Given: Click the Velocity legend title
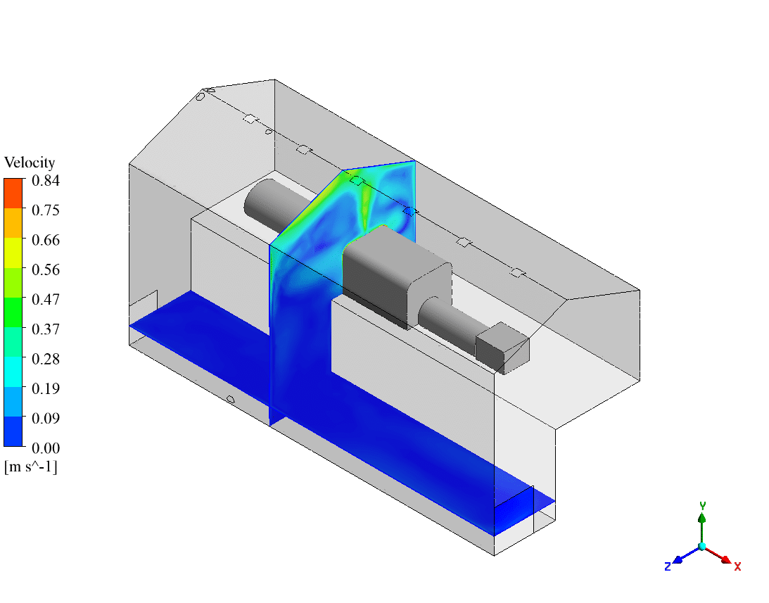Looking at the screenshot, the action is (x=30, y=163).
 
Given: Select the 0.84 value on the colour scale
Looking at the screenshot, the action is (x=46, y=181).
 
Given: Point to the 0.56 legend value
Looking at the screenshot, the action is (x=46, y=269).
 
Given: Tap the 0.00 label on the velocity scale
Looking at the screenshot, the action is (x=46, y=448).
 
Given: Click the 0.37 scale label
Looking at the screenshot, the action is (x=46, y=329).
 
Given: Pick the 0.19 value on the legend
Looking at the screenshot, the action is (x=46, y=388).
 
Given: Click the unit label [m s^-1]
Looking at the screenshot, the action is (x=31, y=466).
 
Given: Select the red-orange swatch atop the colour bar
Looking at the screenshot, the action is (x=13, y=193).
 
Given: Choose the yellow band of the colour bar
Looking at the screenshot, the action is (x=13, y=253).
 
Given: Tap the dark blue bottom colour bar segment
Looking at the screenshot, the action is (x=13, y=432).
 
